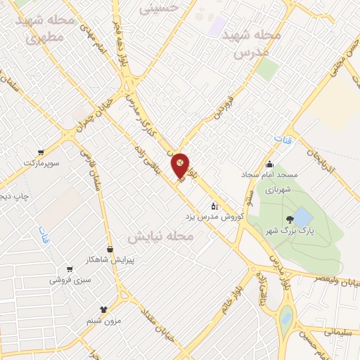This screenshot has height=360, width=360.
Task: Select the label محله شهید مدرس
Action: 251,43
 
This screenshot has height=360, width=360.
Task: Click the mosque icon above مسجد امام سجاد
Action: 270,165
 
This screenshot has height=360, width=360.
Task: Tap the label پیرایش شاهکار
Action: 110,259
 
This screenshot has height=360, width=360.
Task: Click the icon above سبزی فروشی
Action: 69,269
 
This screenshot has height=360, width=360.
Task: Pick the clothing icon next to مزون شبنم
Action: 105,308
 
